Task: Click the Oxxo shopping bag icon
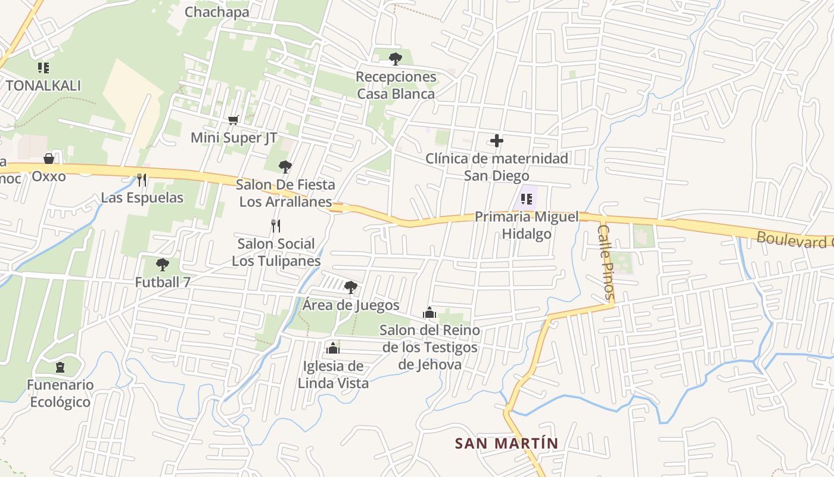(49, 159)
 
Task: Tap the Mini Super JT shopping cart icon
(234, 120)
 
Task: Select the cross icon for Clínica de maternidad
(496, 141)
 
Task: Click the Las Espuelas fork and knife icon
(142, 179)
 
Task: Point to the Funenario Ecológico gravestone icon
(60, 367)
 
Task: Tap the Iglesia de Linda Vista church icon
(332, 348)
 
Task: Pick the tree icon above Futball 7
(162, 264)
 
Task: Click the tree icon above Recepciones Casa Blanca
(395, 58)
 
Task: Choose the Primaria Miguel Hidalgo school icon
(526, 199)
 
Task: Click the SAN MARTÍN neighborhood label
(506, 444)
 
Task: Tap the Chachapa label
(217, 12)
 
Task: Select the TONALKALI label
(43, 85)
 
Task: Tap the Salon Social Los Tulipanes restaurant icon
(275, 226)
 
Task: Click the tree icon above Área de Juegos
(351, 287)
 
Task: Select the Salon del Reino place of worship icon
(429, 312)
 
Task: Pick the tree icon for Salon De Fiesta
(285, 167)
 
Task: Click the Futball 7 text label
(163, 282)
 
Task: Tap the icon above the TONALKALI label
(43, 67)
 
